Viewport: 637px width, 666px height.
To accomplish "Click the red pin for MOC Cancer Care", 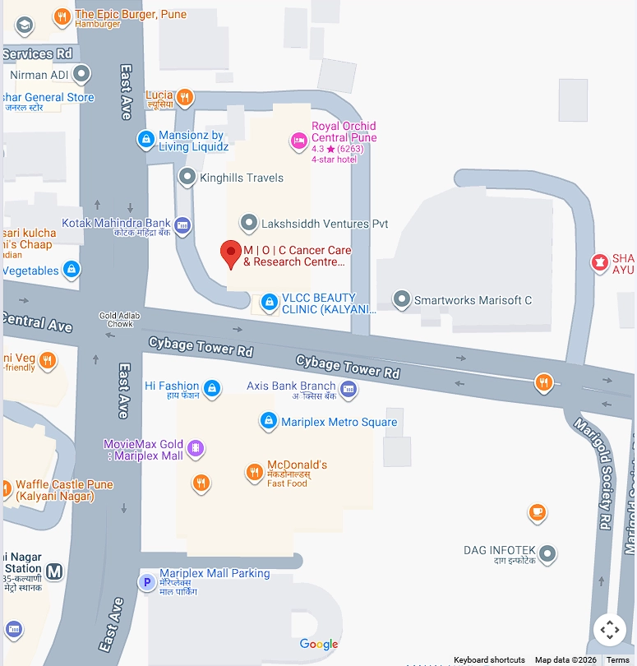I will [231, 254].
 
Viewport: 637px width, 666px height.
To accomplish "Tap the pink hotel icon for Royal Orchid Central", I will [299, 141].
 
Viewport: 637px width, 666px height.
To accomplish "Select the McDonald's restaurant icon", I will [255, 472].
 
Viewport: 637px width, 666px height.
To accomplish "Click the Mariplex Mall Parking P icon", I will [147, 582].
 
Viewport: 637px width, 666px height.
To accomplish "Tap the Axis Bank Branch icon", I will [349, 389].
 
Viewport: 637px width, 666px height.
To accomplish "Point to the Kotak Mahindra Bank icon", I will [182, 224].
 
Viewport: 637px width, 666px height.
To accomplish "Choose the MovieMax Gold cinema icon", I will [196, 448].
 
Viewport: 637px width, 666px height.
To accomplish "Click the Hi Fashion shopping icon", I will [212, 388].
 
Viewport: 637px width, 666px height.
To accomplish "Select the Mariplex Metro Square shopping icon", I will [268, 422].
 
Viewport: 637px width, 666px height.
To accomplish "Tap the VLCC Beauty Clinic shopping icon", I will [268, 303].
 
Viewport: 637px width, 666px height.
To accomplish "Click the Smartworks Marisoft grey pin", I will [401, 299].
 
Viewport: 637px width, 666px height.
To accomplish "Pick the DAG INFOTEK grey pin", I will [547, 554].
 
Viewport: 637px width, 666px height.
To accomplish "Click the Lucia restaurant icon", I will [186, 97].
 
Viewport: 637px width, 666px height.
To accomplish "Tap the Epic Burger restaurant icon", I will [62, 16].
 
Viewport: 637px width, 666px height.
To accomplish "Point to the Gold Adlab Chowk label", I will [116, 319].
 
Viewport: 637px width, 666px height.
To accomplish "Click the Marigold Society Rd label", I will [593, 474].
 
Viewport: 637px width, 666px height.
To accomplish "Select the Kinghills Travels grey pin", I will [188, 177].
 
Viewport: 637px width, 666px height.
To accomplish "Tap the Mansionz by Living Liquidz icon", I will [146, 140].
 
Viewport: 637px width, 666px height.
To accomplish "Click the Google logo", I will [319, 645].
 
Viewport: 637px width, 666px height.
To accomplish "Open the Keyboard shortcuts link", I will [489, 660].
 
